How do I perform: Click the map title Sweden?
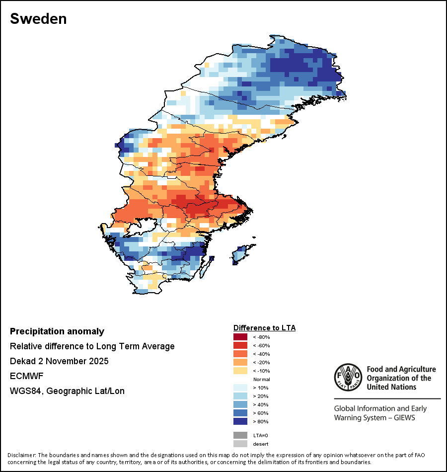(x=38, y=19)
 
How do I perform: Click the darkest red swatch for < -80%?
(x=240, y=337)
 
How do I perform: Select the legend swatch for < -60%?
(x=240, y=345)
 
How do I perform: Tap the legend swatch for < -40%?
(x=240, y=354)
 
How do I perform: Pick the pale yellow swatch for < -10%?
(x=240, y=371)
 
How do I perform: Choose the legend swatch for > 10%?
(x=240, y=388)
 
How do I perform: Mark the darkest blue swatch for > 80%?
(x=240, y=421)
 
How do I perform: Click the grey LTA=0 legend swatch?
(x=240, y=435)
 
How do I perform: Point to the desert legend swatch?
(x=240, y=444)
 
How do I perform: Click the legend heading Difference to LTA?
(x=264, y=328)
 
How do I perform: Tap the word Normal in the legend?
(x=261, y=379)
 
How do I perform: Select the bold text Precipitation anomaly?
(x=57, y=331)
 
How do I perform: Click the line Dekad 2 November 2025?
(x=59, y=361)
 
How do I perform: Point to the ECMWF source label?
(x=26, y=376)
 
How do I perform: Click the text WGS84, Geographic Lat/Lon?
(x=67, y=391)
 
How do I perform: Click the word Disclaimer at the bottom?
(x=21, y=455)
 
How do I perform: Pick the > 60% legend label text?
(x=261, y=413)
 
